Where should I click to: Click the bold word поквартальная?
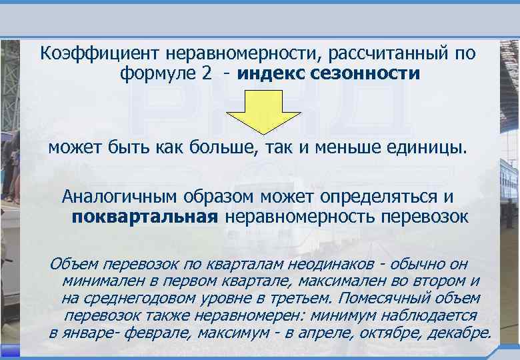click(145, 217)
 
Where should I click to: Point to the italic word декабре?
click(457, 333)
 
